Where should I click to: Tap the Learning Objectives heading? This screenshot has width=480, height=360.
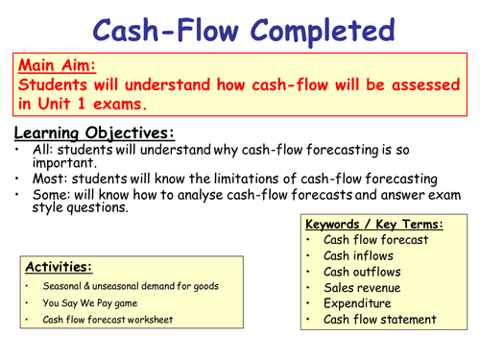tap(94, 132)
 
